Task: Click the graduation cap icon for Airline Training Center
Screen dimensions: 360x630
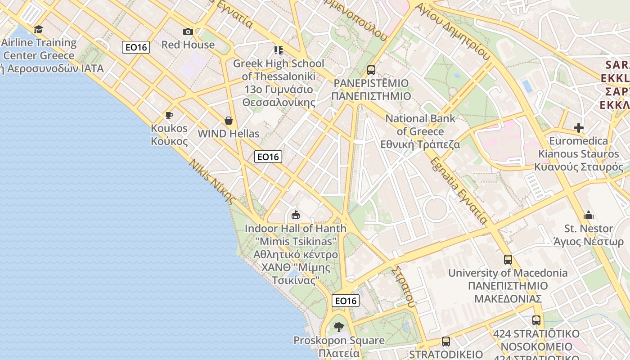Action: point(39,30)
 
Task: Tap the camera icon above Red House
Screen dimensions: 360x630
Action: point(188,31)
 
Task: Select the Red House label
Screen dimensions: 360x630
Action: point(188,45)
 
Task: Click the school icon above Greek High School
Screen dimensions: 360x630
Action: point(278,50)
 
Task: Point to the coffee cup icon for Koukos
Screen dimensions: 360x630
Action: point(169,115)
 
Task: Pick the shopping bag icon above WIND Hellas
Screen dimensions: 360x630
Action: point(229,121)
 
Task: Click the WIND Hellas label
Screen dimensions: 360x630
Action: point(229,134)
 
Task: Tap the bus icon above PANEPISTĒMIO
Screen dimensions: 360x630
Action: point(371,70)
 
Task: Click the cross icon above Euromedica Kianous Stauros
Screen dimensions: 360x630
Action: point(579,128)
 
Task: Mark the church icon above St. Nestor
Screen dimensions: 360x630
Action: point(589,216)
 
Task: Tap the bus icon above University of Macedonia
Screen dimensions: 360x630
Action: point(508,260)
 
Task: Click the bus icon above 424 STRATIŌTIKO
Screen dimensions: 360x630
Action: point(536,320)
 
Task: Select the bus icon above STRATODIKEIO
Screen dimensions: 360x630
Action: point(446,342)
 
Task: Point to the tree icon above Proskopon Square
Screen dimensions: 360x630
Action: point(339,327)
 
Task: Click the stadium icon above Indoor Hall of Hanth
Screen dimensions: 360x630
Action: point(296,215)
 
